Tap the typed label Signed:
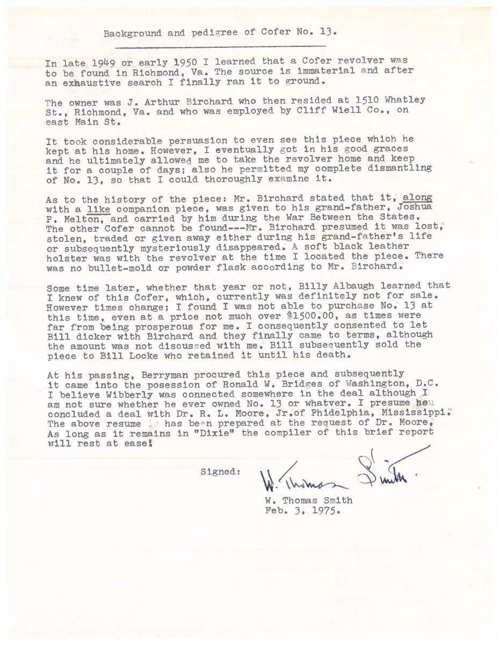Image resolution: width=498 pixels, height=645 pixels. pos(220,471)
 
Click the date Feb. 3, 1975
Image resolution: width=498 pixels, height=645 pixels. pos(303,511)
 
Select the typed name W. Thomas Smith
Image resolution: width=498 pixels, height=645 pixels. pos(308,500)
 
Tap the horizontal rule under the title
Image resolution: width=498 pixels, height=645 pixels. pos(220,47)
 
